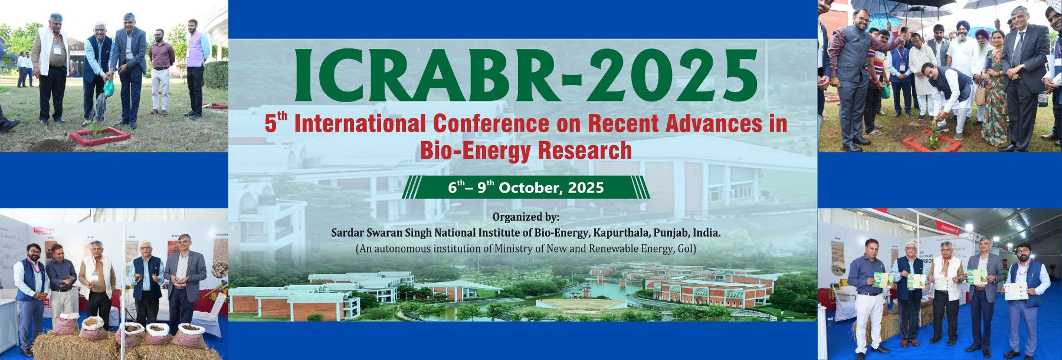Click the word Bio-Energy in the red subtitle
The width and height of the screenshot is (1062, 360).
click(466, 150)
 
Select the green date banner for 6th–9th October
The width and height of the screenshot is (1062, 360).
click(526, 188)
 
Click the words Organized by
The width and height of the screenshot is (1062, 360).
click(526, 217)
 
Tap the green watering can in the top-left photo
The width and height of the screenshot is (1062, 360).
click(109, 88)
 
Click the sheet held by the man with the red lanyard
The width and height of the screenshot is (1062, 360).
click(1018, 290)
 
